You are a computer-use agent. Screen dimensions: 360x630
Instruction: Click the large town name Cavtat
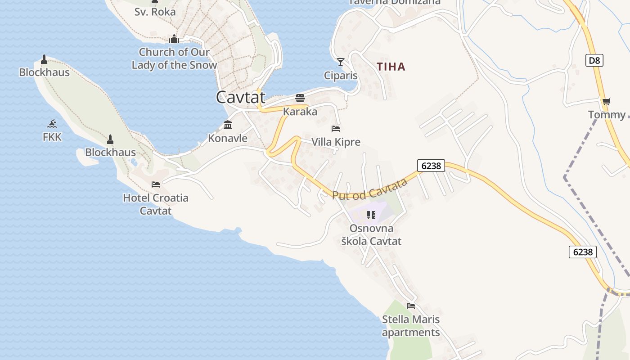pos(241,97)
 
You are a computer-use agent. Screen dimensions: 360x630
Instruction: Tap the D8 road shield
pos(594,60)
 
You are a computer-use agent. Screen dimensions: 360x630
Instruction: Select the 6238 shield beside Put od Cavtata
pos(431,166)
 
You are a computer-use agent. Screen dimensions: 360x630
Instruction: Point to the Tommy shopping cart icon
pos(606,102)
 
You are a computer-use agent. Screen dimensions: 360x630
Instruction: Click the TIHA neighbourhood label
pos(391,67)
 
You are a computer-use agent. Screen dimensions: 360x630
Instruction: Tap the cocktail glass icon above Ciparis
pos(341,62)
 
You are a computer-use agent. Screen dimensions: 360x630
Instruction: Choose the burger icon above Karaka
pos(300,98)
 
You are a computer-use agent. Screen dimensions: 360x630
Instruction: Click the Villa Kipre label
pos(336,142)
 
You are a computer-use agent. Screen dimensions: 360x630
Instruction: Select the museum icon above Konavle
pos(228,125)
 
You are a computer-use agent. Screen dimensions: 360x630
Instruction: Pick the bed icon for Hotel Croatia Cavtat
pos(156,184)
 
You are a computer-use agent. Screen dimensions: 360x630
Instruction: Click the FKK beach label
pos(52,137)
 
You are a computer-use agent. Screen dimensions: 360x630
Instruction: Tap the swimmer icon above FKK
pos(52,124)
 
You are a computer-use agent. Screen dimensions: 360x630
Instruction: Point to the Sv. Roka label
pos(155,12)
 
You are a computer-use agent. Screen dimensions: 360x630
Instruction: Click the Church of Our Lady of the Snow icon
pos(174,39)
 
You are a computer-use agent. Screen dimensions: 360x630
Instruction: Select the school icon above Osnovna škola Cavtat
pos(371,215)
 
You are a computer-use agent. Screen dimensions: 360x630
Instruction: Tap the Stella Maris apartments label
pos(410,326)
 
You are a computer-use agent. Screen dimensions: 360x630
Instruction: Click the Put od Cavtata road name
pos(370,189)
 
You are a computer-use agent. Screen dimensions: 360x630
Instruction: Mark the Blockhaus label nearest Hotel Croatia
pos(110,152)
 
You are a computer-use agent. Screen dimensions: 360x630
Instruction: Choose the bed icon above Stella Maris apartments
pos(411,306)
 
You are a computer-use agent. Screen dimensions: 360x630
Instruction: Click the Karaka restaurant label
pos(300,112)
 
